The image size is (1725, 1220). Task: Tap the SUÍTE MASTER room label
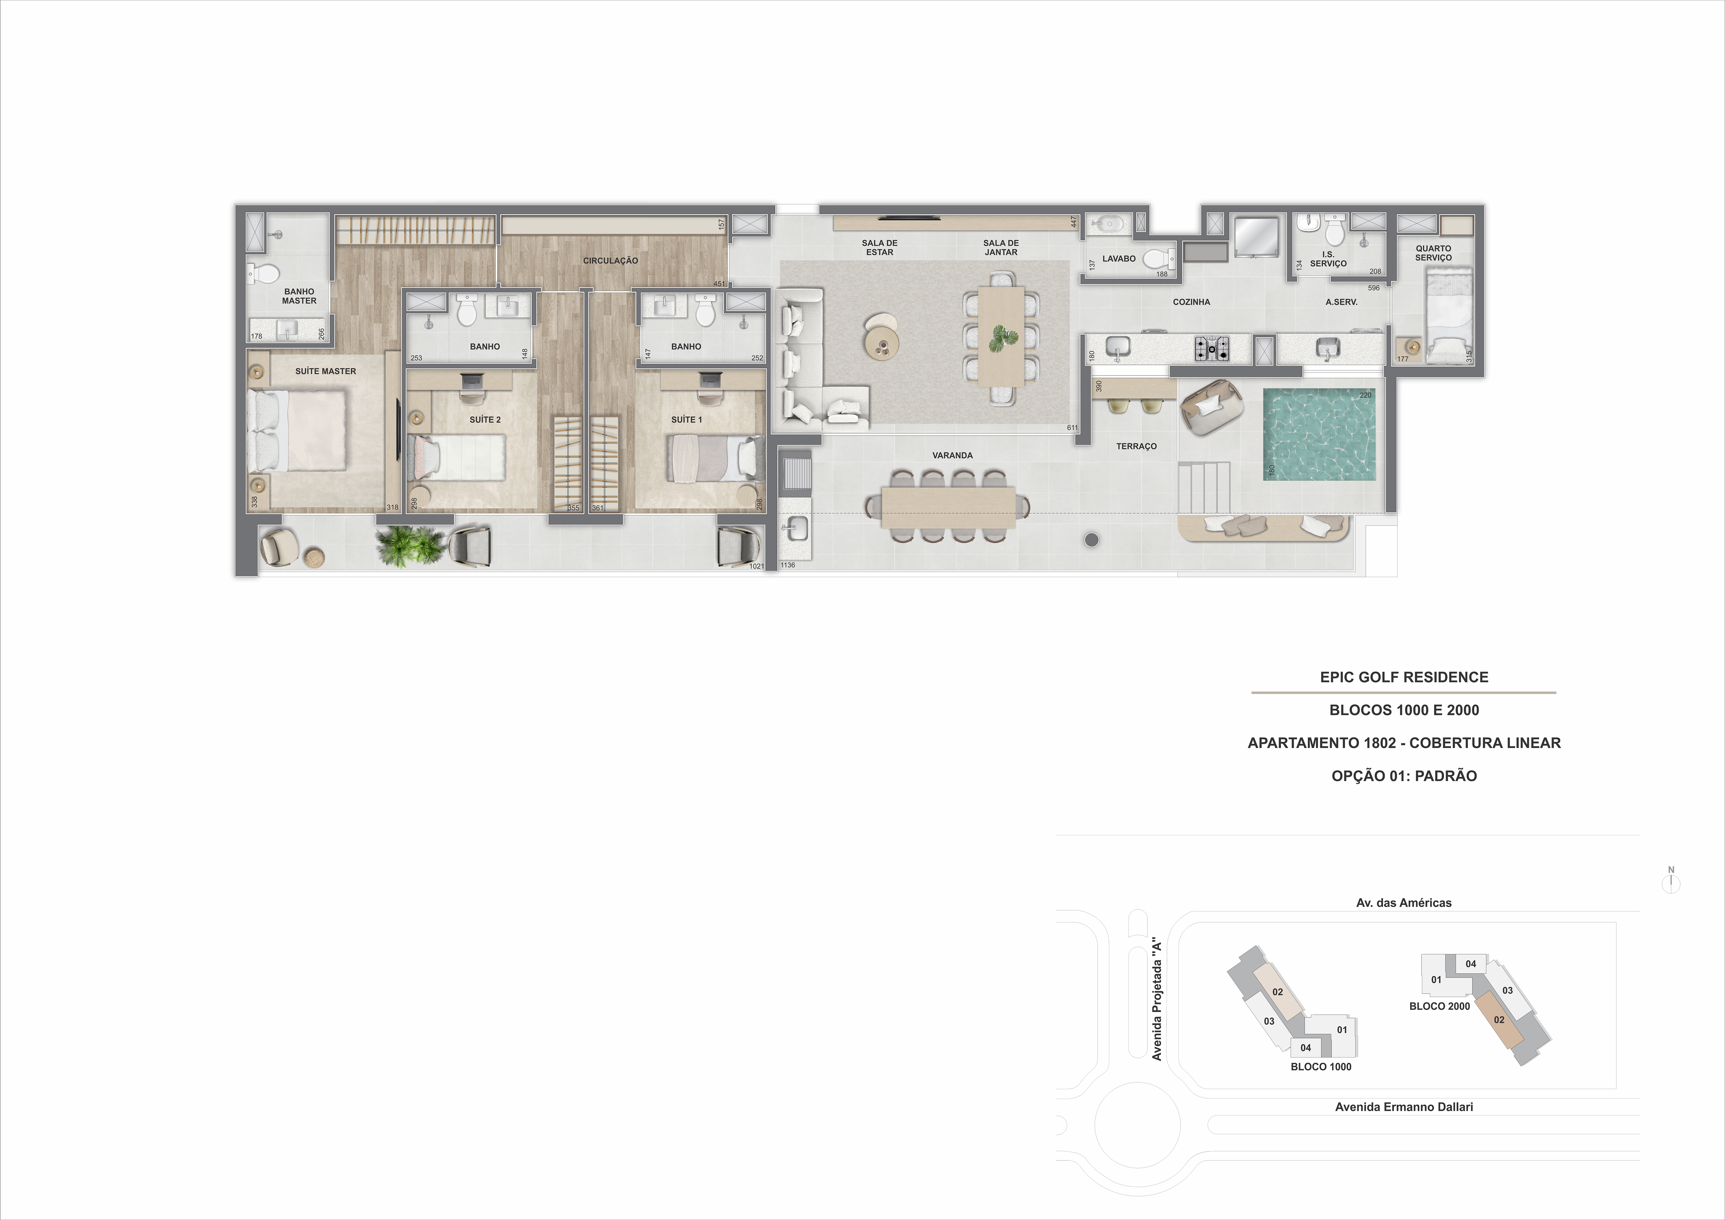point(325,371)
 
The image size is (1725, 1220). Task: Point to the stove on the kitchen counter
point(1212,348)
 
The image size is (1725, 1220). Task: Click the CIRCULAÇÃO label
point(610,261)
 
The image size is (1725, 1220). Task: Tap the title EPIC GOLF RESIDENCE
point(1403,677)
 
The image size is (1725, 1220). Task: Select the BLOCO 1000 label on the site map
point(1321,1067)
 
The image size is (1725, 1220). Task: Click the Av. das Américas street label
point(1403,903)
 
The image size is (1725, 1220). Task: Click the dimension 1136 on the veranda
point(787,565)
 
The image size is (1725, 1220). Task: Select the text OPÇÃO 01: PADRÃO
point(1403,776)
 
